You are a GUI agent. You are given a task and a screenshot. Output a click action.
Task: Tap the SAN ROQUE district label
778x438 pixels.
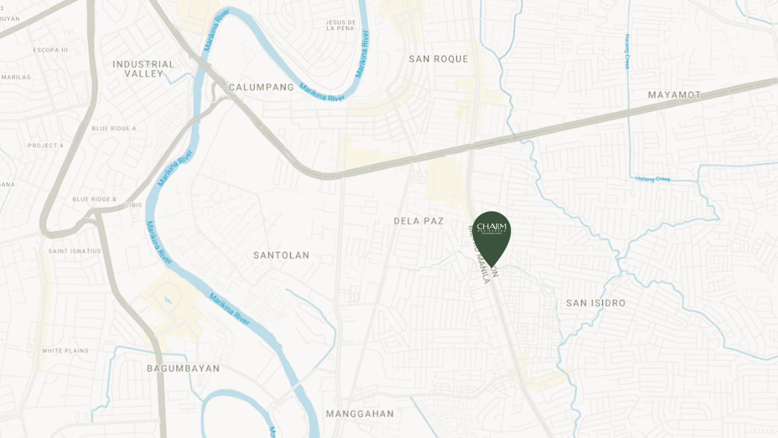pos(438,59)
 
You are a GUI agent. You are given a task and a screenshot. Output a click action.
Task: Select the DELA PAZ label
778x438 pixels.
pos(418,221)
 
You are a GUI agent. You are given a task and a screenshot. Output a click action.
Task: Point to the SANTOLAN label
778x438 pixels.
pos(281,255)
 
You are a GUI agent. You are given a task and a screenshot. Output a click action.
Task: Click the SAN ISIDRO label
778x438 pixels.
pos(596,303)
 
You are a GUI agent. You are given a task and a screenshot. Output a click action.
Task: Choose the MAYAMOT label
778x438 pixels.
pos(674,95)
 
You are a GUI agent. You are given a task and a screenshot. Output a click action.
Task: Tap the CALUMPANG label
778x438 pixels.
pos(261,87)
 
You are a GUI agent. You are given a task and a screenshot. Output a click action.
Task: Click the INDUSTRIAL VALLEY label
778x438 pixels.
pos(143,69)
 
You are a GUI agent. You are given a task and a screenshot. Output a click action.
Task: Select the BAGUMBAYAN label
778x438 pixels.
pos(183,369)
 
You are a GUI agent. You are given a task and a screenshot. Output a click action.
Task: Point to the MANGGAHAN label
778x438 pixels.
pos(360,414)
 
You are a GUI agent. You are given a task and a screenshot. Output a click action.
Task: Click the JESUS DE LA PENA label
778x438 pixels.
pos(340,25)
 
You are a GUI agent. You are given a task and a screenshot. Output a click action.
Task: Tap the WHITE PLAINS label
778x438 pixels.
pos(65,351)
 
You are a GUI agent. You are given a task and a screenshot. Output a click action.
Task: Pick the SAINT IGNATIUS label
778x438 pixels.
pos(74,251)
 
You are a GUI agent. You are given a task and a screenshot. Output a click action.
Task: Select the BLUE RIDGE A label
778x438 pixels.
pos(114,129)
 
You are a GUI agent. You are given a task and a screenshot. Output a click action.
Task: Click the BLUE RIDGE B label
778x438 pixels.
pos(94,199)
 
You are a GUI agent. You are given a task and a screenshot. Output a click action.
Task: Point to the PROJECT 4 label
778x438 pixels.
pos(46,145)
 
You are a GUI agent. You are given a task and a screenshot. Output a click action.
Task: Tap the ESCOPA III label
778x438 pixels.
pos(50,50)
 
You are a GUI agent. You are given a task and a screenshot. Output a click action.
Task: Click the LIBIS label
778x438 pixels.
pos(134,205)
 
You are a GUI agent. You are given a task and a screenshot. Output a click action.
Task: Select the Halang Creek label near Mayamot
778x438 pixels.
pos(652,179)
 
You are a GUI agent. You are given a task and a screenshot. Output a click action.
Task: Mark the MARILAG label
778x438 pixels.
pos(16,78)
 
